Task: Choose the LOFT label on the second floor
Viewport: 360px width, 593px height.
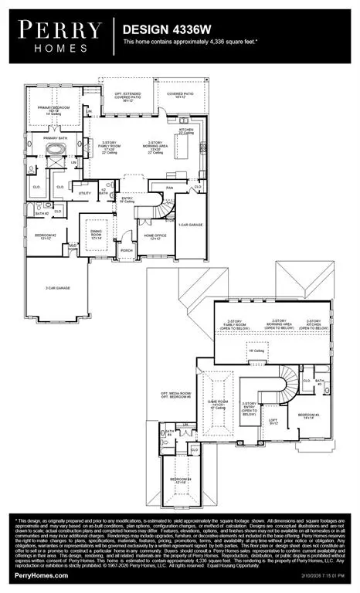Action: click(x=273, y=421)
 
